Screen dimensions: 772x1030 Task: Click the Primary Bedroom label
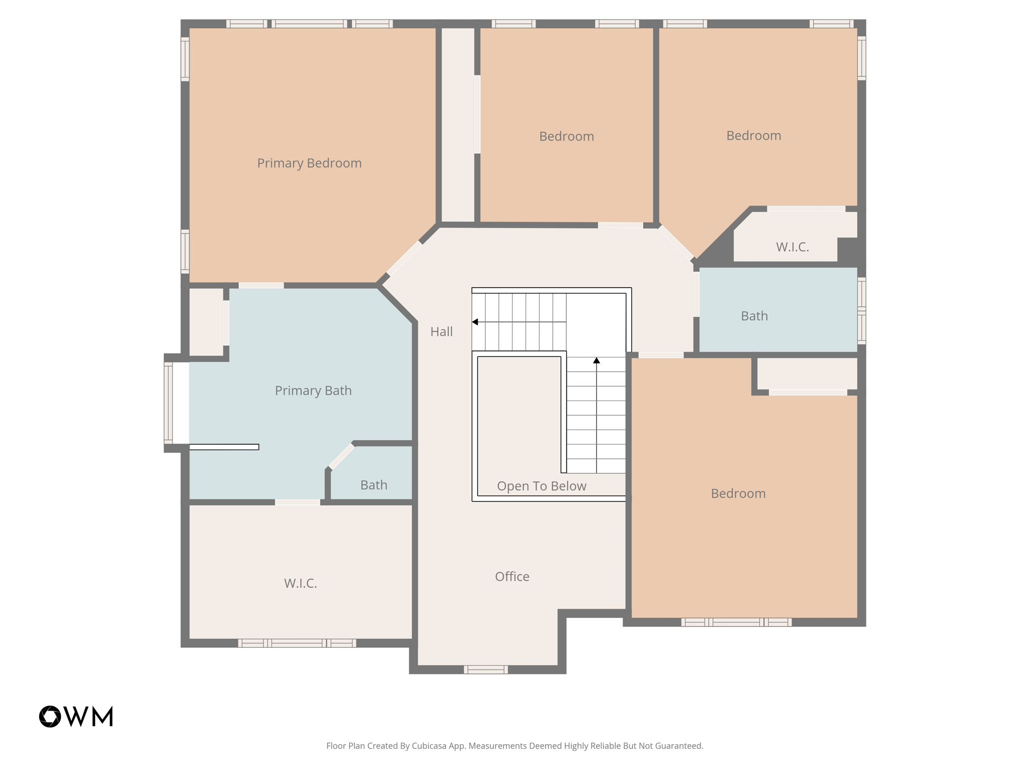coord(309,163)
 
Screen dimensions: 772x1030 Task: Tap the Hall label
coord(442,332)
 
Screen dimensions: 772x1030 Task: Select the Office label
coord(512,576)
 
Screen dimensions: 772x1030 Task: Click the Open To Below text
coord(542,486)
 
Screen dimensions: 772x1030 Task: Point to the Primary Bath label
coord(313,391)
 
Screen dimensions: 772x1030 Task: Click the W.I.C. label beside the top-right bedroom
coord(792,247)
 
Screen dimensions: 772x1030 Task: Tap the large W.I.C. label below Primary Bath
coord(300,583)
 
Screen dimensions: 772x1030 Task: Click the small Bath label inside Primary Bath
coord(374,485)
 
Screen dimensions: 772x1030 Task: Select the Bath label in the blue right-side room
coord(754,316)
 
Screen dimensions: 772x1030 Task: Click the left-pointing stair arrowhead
coord(475,322)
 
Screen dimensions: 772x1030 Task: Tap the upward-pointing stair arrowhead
coord(596,360)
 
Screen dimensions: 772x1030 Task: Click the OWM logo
coord(76,716)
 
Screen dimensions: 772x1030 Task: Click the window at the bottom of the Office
coord(485,669)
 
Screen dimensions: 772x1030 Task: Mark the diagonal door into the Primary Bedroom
coord(404,258)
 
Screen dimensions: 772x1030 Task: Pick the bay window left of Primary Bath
coord(168,403)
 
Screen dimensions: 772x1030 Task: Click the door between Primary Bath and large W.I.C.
coord(297,502)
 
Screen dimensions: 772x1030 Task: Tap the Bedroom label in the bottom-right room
coord(738,494)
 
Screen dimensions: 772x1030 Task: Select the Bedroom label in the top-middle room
coord(566,137)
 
